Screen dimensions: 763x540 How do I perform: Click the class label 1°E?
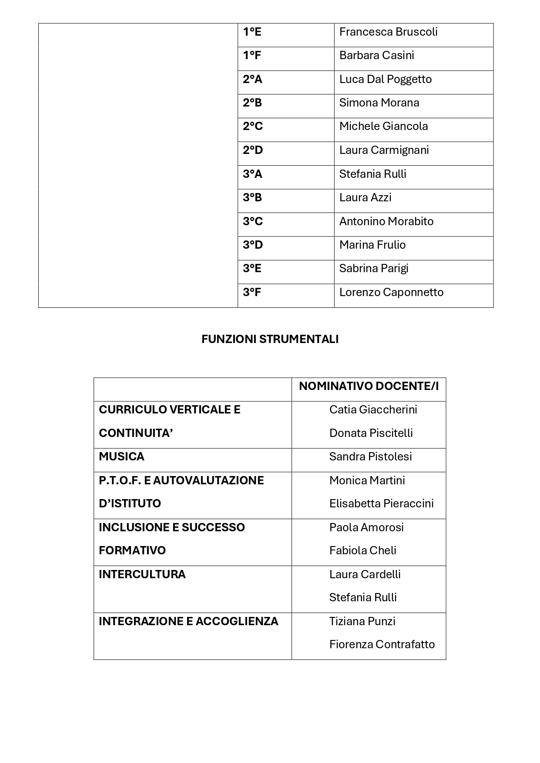point(252,32)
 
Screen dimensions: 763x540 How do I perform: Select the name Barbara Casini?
point(376,56)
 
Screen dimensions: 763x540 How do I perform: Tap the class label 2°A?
point(252,80)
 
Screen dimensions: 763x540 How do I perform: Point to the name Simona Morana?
point(379,103)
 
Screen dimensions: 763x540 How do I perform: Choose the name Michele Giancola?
point(383,127)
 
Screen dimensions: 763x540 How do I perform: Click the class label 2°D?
point(253,150)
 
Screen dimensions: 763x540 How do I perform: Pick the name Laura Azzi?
point(365,198)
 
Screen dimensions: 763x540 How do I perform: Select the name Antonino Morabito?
point(386,222)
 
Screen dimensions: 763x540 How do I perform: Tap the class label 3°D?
point(253,245)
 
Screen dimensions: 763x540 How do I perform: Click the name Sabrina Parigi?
point(374,269)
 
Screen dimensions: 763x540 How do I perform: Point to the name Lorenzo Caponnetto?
point(391,293)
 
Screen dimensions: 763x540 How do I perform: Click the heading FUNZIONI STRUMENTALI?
point(270,340)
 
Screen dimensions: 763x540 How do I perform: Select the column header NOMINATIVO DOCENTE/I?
point(369,386)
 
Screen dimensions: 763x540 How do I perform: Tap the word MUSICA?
point(121,457)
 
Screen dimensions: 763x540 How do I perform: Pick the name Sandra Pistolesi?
point(370,457)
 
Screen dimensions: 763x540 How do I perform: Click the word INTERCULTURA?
point(142,575)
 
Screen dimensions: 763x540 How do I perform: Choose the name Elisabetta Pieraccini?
point(381,504)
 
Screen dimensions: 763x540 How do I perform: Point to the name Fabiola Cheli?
point(362,551)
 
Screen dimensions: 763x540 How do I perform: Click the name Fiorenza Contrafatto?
point(382,645)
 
